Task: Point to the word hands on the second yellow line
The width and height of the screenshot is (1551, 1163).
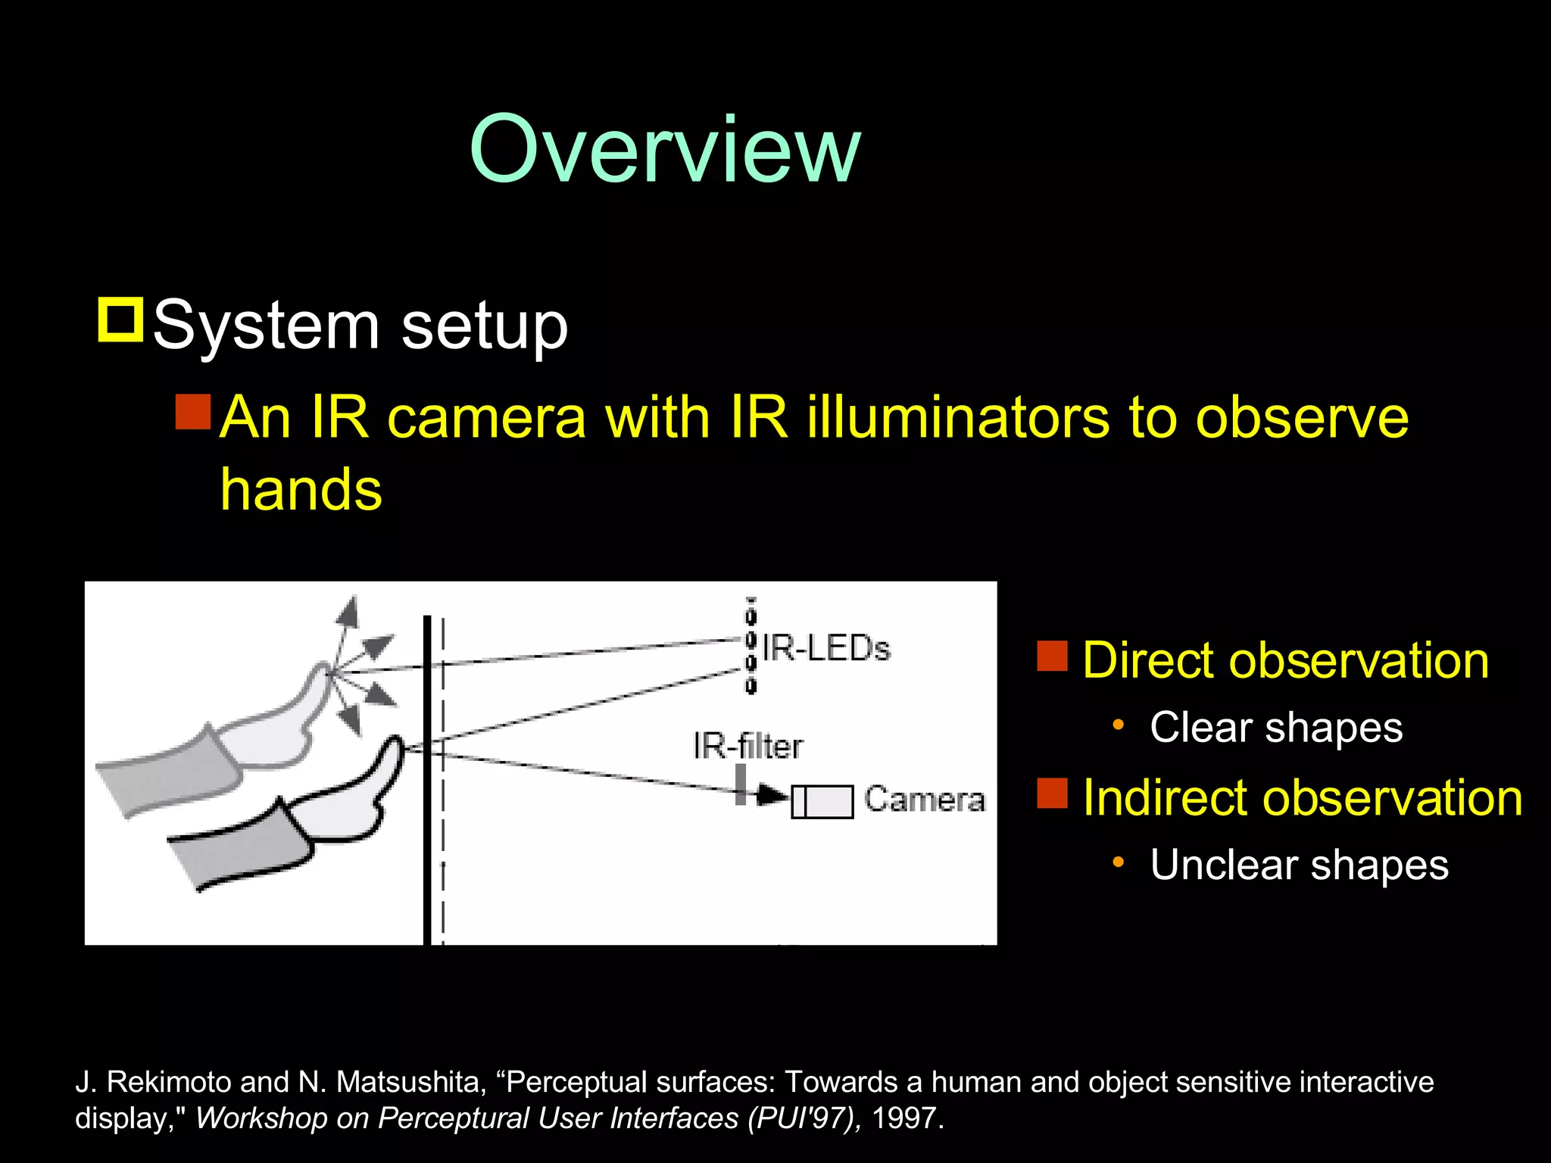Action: (301, 490)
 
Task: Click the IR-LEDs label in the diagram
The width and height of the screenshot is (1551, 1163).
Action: (825, 649)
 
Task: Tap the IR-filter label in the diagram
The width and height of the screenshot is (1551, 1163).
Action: (747, 747)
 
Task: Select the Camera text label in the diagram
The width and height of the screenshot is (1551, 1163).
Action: (925, 800)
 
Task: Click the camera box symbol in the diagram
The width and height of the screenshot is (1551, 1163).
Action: (822, 802)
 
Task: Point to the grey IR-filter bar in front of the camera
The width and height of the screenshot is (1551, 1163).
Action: (741, 784)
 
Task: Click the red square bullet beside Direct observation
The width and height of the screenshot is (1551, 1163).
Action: (1052, 656)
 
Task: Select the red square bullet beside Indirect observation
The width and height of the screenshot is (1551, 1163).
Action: (1052, 794)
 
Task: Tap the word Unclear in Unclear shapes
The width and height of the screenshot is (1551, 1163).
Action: (1224, 865)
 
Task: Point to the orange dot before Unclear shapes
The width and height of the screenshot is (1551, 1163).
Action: (1118, 862)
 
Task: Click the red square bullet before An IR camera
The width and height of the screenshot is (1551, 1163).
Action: (192, 412)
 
